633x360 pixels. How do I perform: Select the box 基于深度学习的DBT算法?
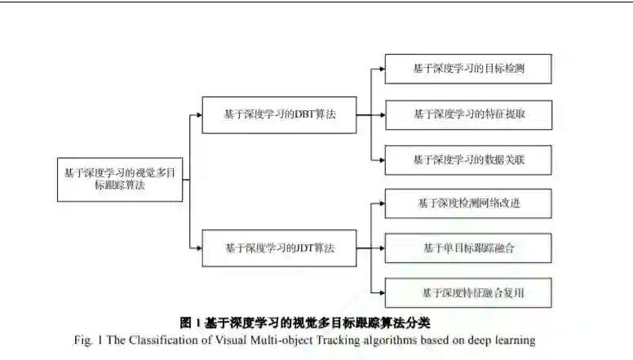[279, 115]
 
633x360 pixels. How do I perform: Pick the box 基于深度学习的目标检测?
[468, 69]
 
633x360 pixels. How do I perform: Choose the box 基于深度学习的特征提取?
[468, 114]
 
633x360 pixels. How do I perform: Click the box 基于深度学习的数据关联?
[468, 160]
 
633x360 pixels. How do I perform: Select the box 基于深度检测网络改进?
[468, 203]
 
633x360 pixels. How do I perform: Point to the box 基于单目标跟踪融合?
[468, 247]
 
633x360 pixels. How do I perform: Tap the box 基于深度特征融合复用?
[468, 291]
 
